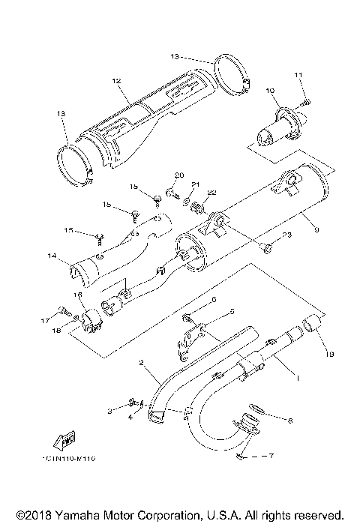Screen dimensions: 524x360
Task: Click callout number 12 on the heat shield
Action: click(116, 80)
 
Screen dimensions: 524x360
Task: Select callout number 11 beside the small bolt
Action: click(298, 75)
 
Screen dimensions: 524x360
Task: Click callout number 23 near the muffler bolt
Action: click(286, 235)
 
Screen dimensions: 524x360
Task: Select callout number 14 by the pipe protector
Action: click(52, 256)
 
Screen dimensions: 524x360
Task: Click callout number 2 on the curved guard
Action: click(139, 363)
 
